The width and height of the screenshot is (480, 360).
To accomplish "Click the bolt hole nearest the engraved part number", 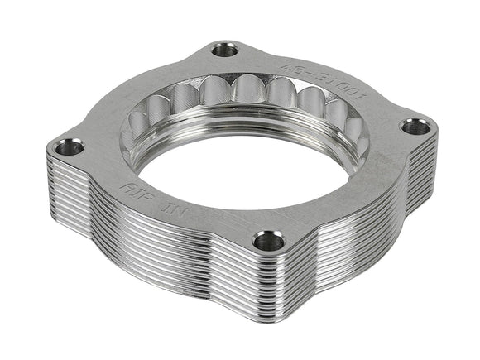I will [x=224, y=50].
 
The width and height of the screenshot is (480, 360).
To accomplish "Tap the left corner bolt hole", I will [x=69, y=148].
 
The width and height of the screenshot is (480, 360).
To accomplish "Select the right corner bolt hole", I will [x=416, y=127].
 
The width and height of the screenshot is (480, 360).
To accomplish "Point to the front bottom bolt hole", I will [x=267, y=241].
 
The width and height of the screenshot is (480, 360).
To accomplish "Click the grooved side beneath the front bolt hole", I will [x=265, y=290].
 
